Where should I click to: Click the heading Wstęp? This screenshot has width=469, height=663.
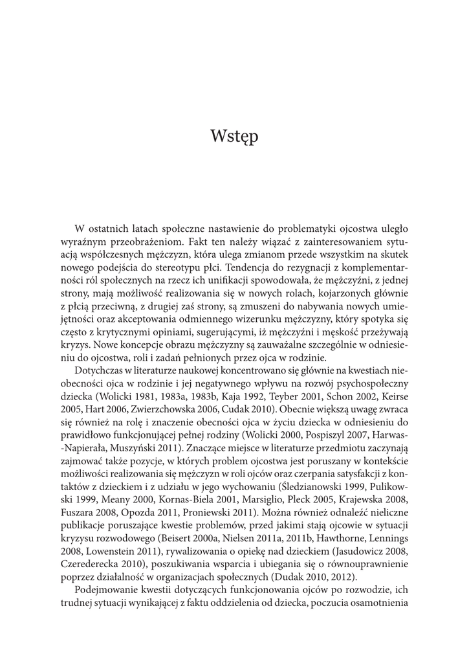(234, 137)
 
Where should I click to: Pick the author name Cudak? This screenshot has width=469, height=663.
(224, 410)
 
